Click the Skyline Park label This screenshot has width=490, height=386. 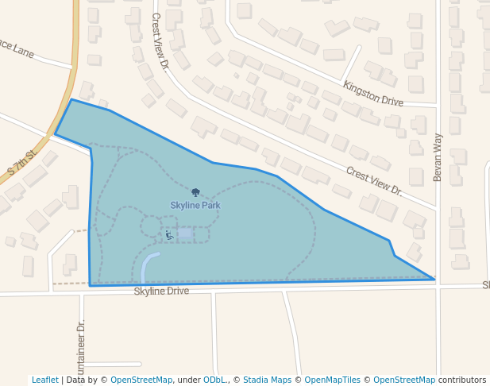point(195,206)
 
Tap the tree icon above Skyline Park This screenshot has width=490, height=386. point(195,192)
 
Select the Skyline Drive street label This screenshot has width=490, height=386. point(161,291)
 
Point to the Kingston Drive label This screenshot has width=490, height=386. point(372,94)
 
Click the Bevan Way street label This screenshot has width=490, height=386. point(438,157)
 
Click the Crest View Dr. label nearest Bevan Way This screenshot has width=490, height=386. point(374,181)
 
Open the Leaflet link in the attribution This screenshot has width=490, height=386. point(45,380)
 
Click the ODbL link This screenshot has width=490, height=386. point(212,380)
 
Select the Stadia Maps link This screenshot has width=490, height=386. point(268,380)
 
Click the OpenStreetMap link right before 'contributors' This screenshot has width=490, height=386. point(404,380)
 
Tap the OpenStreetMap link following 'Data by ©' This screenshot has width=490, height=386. point(141,380)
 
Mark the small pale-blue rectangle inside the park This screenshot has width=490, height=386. point(185,234)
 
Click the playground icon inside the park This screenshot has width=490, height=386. point(168,234)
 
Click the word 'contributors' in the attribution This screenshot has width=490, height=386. point(462,380)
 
